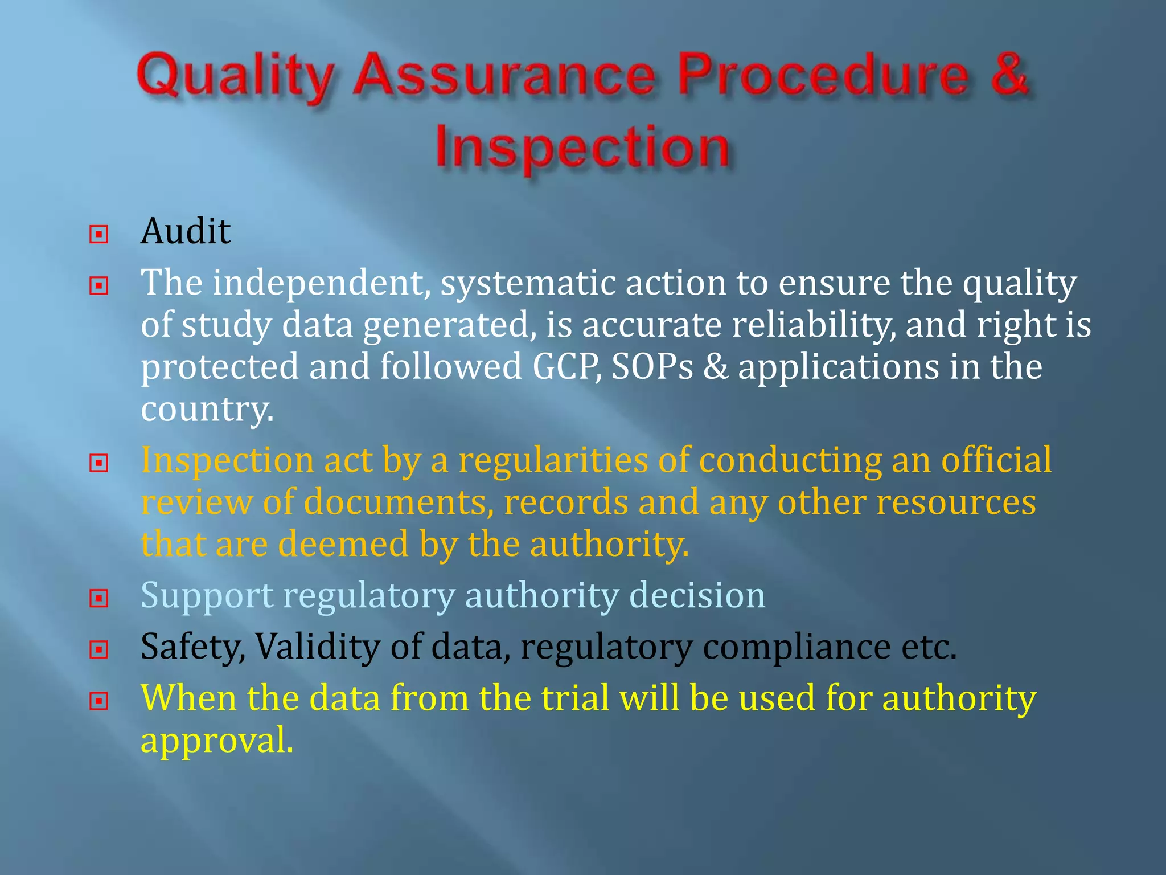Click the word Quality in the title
[x=234, y=77]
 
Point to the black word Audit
[x=186, y=232]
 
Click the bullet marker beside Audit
[x=98, y=234]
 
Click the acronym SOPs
[x=652, y=367]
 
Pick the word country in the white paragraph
[x=207, y=409]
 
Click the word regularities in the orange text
[x=553, y=460]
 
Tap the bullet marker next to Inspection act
[x=98, y=463]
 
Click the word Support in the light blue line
[x=207, y=596]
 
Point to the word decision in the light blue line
[x=697, y=595]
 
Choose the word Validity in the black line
[x=317, y=647]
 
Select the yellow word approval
[x=216, y=741]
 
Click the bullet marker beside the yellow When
[x=98, y=700]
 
